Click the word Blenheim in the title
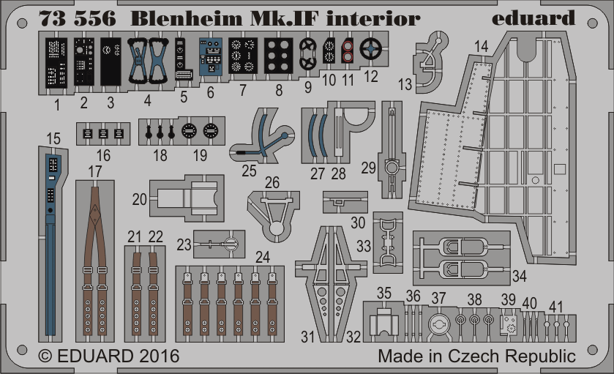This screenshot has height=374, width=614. click(x=187, y=18)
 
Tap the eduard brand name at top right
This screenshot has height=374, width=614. click(x=533, y=18)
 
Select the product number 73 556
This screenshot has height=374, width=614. click(x=78, y=18)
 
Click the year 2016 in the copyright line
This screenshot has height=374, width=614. click(x=159, y=356)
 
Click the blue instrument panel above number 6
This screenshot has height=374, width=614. click(x=211, y=57)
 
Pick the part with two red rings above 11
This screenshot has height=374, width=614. click(x=348, y=51)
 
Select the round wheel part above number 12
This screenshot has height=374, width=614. click(x=370, y=49)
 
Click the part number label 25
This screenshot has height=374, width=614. click(x=249, y=171)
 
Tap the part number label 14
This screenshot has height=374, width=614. click(x=482, y=46)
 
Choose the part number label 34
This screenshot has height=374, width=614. click(x=520, y=276)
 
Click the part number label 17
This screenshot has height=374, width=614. click(x=94, y=171)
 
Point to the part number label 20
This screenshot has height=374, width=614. click(x=139, y=199)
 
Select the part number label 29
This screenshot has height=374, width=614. click(x=369, y=168)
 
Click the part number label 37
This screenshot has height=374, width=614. click(x=438, y=298)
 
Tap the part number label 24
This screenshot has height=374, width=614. click(x=263, y=258)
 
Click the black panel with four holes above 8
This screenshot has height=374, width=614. click(x=279, y=56)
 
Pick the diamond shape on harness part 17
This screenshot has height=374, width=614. click(x=94, y=214)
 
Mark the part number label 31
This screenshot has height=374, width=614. click(x=307, y=337)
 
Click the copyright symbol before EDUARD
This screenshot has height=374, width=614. click(x=45, y=356)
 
